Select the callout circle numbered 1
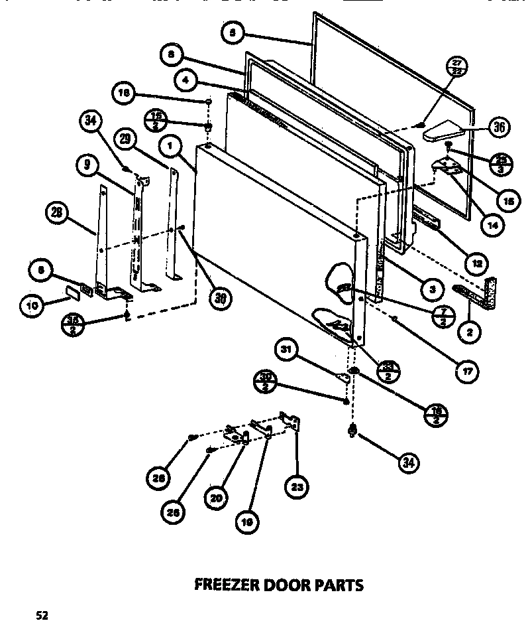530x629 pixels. point(170,145)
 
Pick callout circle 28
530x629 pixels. point(56,213)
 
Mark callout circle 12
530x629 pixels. point(474,263)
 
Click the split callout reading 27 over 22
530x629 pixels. point(458,67)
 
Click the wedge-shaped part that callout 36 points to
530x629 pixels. point(447,131)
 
